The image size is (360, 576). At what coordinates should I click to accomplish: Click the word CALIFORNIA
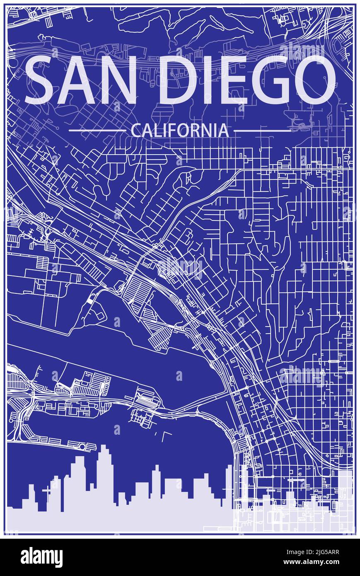[179, 131]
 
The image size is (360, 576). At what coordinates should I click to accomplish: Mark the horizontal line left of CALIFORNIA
[97, 131]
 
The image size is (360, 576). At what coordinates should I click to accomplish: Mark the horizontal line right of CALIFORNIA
[262, 131]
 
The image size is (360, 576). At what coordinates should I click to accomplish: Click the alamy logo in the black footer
[41, 557]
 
